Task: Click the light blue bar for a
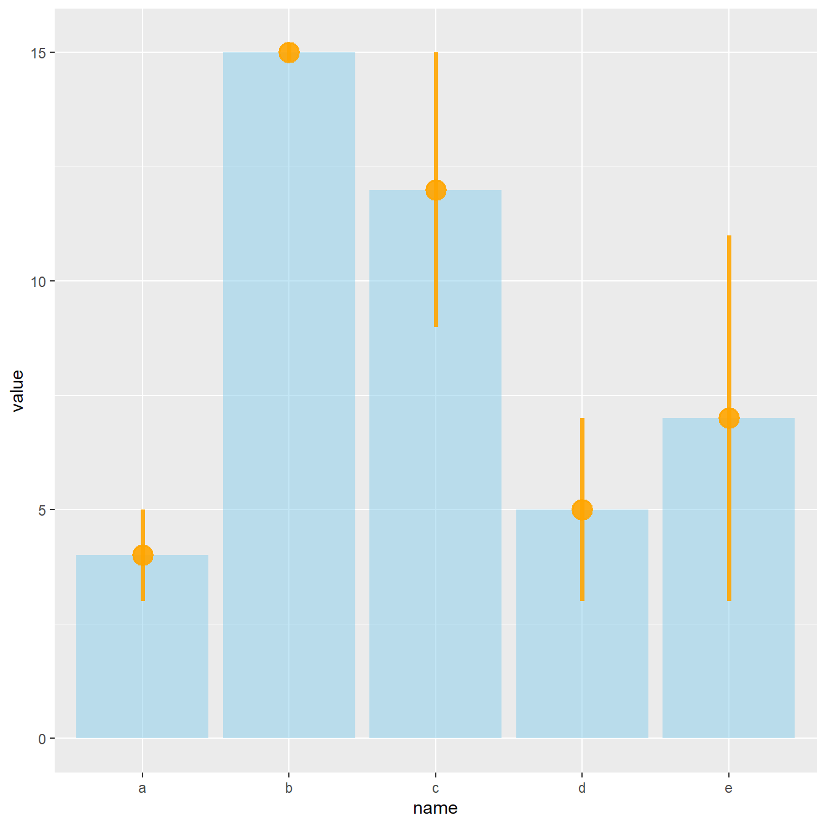pyautogui.click(x=143, y=647)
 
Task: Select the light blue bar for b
pyautogui.click(x=289, y=395)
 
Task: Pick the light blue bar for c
pyautogui.click(x=436, y=464)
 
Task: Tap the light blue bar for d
pyautogui.click(x=582, y=624)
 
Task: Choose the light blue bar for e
pyautogui.click(x=729, y=578)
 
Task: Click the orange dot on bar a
pyautogui.click(x=143, y=556)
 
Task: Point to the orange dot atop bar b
pyautogui.click(x=289, y=53)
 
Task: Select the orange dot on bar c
pyautogui.click(x=436, y=191)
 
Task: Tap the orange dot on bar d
pyautogui.click(x=582, y=509)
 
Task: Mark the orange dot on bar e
pyautogui.click(x=729, y=419)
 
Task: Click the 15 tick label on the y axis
pyautogui.click(x=38, y=53)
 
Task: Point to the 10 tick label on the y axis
pyautogui.click(x=38, y=281)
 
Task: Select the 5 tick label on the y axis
pyautogui.click(x=42, y=510)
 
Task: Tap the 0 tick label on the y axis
pyautogui.click(x=42, y=739)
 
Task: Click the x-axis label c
pyautogui.click(x=436, y=789)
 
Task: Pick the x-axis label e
pyautogui.click(x=729, y=789)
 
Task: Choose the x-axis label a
pyautogui.click(x=143, y=789)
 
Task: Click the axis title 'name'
pyautogui.click(x=436, y=808)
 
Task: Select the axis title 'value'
pyautogui.click(x=18, y=391)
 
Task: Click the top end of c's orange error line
pyautogui.click(x=436, y=53)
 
